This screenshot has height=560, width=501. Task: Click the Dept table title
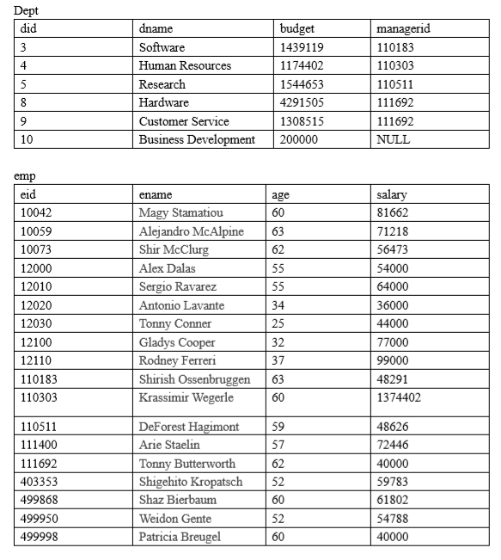pyautogui.click(x=27, y=10)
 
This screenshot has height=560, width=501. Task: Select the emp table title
pyautogui.click(x=26, y=176)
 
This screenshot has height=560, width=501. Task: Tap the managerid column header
pyautogui.click(x=403, y=29)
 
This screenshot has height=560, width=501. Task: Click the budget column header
pyautogui.click(x=297, y=29)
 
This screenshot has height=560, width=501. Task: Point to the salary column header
pyautogui.click(x=392, y=194)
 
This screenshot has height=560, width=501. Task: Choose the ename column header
pyautogui.click(x=156, y=194)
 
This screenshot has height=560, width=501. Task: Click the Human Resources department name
pyautogui.click(x=185, y=65)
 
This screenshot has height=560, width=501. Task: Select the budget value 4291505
pyautogui.click(x=302, y=102)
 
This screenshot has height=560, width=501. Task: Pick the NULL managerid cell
pyautogui.click(x=394, y=139)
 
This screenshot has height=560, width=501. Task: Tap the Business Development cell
pyautogui.click(x=197, y=139)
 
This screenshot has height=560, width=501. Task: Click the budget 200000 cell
pyautogui.click(x=299, y=139)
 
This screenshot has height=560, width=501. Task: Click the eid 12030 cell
pyautogui.click(x=36, y=323)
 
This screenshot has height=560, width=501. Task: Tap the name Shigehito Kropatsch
pyautogui.click(x=191, y=482)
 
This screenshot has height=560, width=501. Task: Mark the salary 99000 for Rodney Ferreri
pyautogui.click(x=393, y=360)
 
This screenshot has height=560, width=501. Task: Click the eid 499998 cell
pyautogui.click(x=39, y=537)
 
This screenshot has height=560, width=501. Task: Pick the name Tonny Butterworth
pyautogui.click(x=186, y=464)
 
